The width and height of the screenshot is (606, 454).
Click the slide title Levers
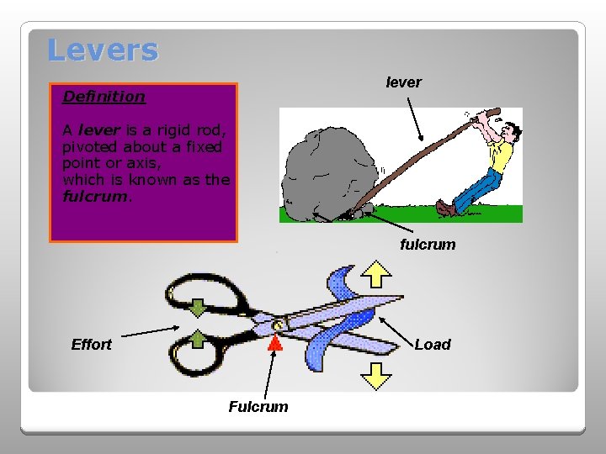[103, 50]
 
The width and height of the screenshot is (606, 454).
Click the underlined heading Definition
[104, 97]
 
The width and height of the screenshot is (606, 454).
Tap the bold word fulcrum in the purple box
[94, 196]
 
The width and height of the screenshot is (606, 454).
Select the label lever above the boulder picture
[403, 82]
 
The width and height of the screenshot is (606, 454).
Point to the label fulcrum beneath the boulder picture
[428, 245]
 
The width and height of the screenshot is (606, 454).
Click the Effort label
[91, 345]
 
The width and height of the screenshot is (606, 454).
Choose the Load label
[433, 345]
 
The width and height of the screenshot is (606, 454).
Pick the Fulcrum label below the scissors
[258, 407]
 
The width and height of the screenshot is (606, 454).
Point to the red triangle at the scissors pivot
[274, 343]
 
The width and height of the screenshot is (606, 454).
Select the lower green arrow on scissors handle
[196, 340]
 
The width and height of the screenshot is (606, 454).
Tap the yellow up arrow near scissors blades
[376, 273]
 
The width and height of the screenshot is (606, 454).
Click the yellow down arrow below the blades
[376, 375]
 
